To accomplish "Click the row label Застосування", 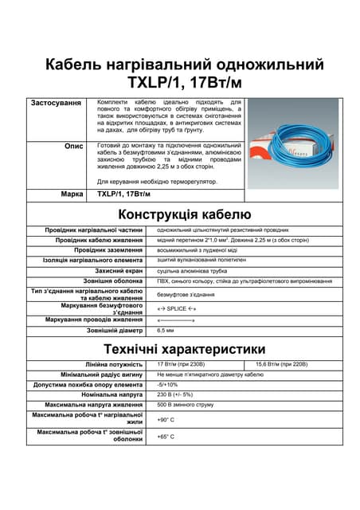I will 56,104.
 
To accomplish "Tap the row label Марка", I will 72,194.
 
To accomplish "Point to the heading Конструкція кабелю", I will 185,214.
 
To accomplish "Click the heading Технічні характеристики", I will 185,349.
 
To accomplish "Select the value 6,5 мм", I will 166,330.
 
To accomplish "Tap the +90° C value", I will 166,420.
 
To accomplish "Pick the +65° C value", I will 166,437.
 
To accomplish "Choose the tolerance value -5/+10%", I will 166,384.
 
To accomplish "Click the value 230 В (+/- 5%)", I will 175,394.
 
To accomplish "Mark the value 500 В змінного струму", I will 186,405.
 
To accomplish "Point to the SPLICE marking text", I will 176,308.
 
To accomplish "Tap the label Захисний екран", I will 119,271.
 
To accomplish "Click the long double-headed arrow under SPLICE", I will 176,320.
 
